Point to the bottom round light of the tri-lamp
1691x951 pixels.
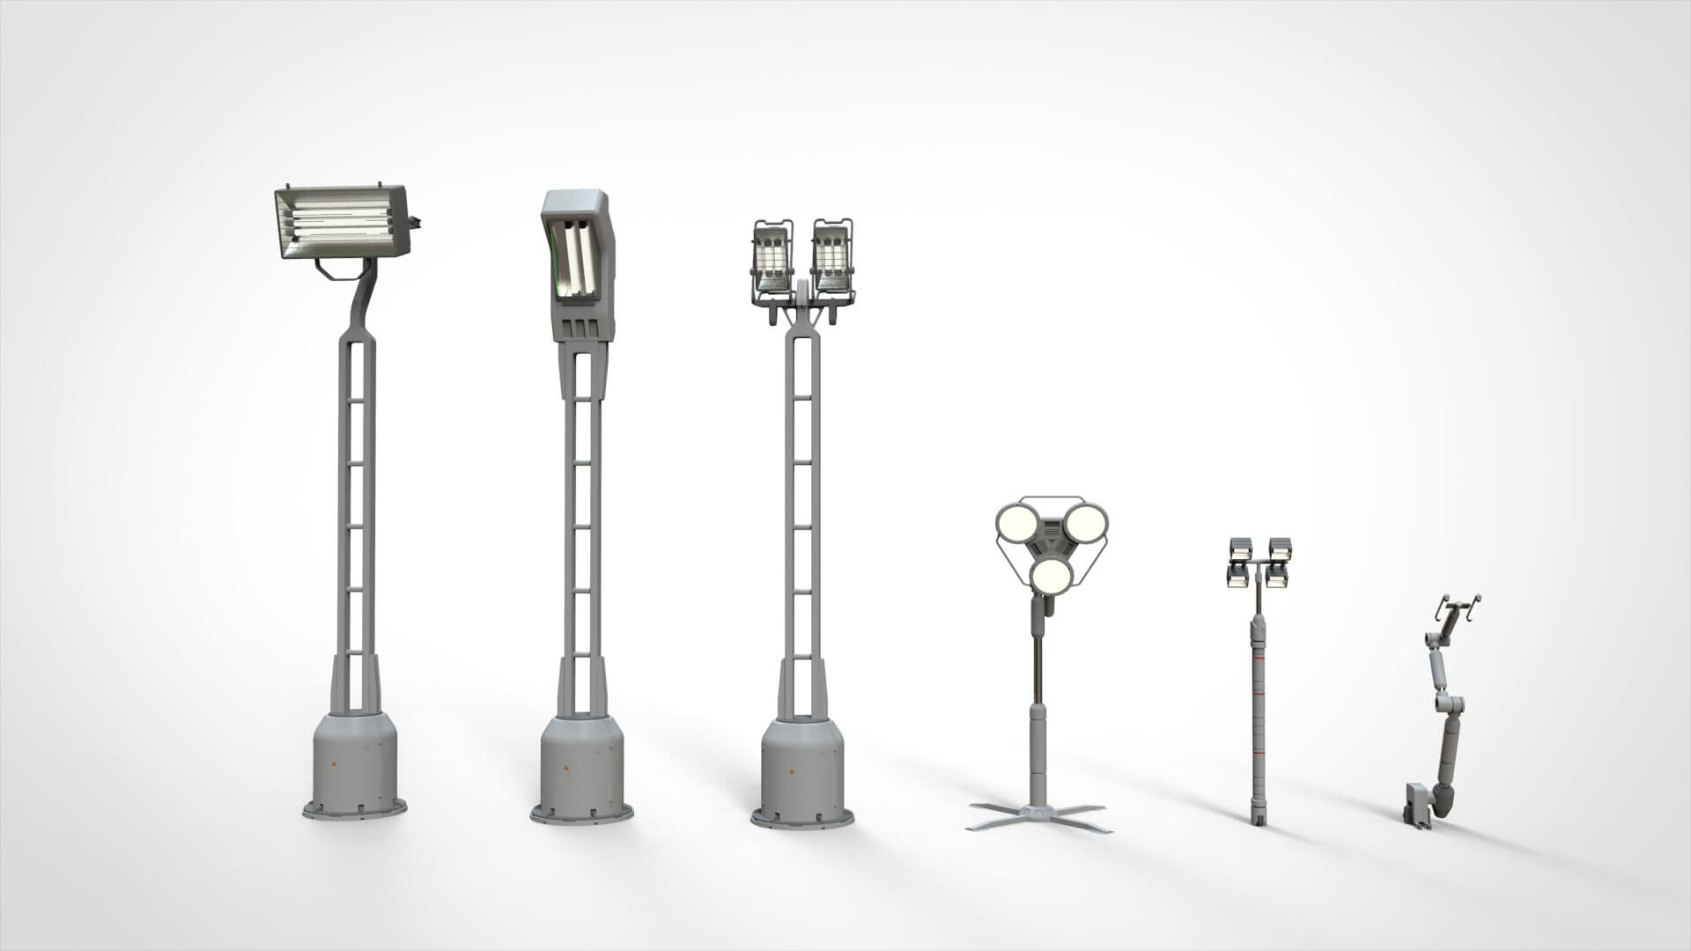coord(1052,576)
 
